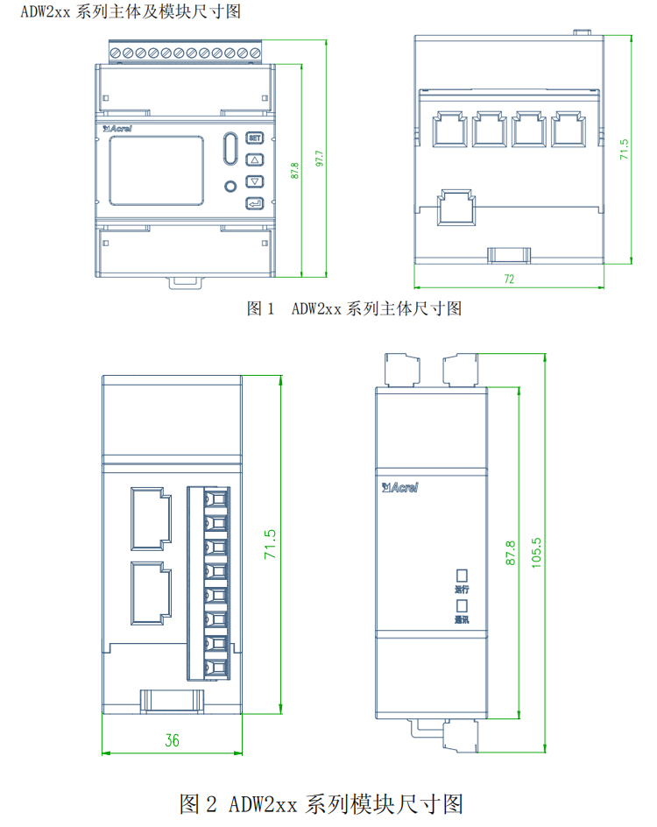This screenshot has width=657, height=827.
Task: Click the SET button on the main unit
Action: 255,138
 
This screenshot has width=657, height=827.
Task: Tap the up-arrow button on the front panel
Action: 255,160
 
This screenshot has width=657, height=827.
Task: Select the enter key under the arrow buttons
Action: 255,204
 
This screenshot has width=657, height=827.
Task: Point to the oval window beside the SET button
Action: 230,148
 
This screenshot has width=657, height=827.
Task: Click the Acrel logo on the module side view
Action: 400,486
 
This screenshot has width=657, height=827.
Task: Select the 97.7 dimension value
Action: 321,158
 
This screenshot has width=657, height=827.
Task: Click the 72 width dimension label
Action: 508,279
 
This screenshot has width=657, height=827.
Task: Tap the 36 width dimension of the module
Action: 172,740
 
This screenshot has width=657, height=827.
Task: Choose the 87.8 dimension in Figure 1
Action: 295,170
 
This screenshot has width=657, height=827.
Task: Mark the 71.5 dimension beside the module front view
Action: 272,544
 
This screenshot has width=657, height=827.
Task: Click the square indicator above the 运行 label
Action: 461,575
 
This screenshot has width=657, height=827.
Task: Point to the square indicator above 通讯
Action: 461,605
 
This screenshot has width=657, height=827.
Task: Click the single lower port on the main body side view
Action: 456,207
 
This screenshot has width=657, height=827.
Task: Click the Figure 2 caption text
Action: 320,802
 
